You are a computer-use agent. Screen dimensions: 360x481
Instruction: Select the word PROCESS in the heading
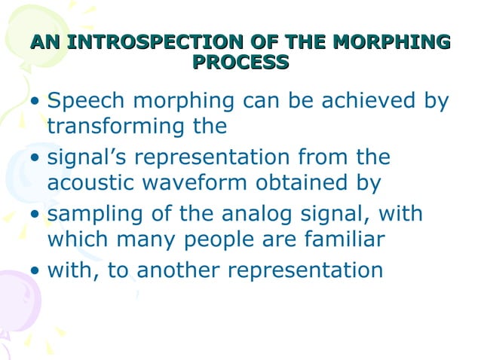coord(240,63)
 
